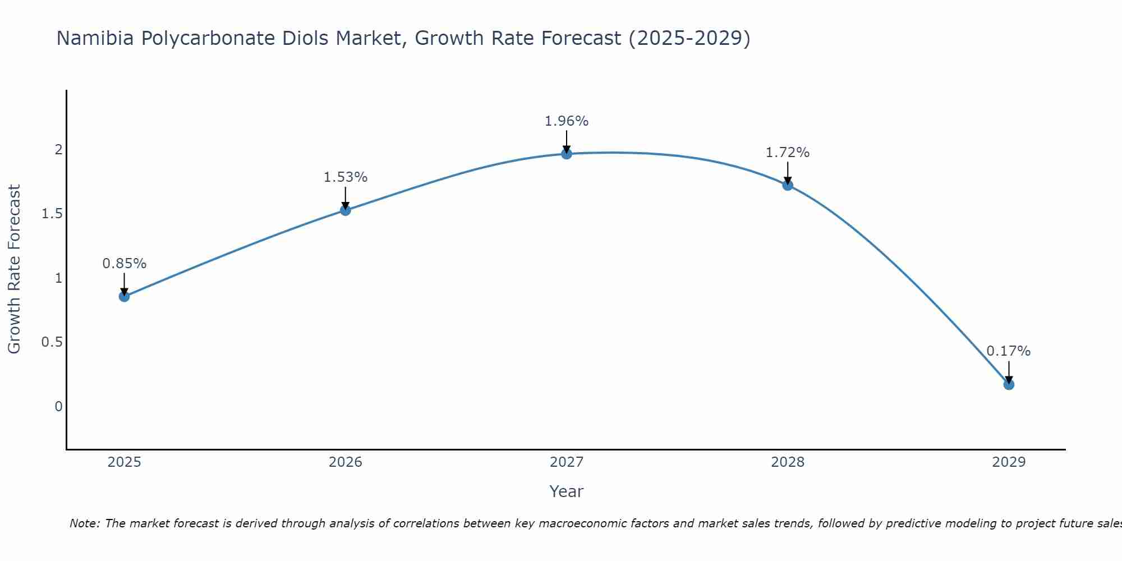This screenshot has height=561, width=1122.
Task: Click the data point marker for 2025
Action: coord(125,297)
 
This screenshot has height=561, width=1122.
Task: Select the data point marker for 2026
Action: coord(346,210)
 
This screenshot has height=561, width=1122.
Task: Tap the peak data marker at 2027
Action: coord(567,154)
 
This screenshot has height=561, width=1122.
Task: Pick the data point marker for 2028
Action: coord(788,185)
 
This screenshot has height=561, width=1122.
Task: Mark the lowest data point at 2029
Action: coord(1009,384)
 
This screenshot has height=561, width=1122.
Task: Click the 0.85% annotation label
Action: coord(125,264)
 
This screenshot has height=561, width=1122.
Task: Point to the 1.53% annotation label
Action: coord(346,177)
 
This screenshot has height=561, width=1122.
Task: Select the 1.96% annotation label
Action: coord(567,121)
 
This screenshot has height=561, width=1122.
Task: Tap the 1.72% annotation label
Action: coord(788,153)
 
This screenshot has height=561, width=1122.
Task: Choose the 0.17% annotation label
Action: coord(1009,351)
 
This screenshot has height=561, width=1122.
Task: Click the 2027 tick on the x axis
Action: coord(567,462)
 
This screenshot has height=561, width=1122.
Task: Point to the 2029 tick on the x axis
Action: coord(1009,462)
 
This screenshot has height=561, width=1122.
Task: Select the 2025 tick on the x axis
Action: coord(125,462)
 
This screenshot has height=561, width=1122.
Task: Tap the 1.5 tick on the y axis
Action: coord(52,214)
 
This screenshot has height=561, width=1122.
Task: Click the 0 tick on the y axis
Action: coord(58,406)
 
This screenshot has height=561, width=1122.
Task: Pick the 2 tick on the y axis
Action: coord(58,149)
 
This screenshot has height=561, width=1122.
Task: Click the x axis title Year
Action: coord(567,491)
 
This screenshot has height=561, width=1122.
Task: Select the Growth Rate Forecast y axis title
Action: coord(15,269)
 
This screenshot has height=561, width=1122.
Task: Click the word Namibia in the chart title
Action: coord(95,38)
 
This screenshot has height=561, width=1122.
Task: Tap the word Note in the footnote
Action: coord(84,523)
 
